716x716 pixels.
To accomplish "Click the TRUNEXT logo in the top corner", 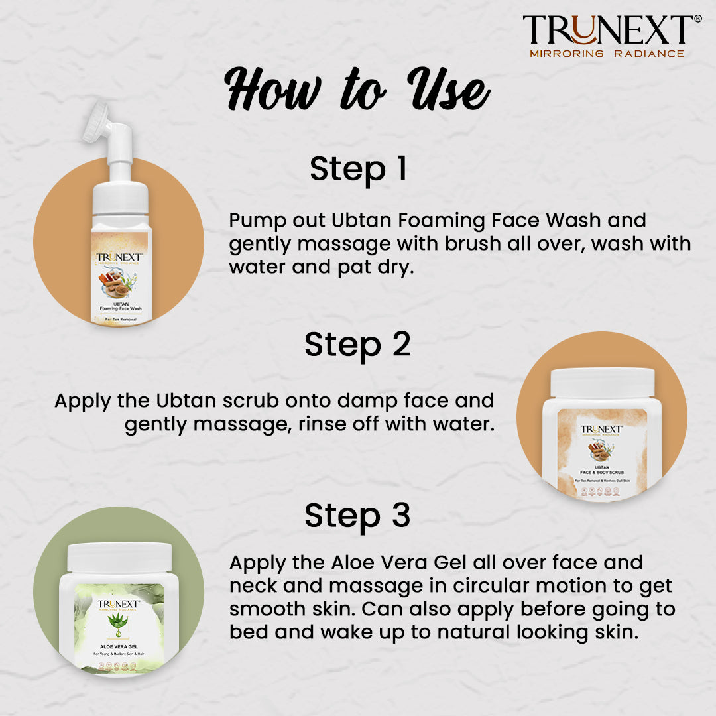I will pos(607,30).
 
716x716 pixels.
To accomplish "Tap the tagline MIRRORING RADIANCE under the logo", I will pos(607,53).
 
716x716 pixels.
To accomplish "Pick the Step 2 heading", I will pos(357,345).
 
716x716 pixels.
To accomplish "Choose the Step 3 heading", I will pos(357,516).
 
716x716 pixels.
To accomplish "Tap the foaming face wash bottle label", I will pos(121,278).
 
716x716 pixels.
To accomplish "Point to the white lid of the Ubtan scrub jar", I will pos(602,383).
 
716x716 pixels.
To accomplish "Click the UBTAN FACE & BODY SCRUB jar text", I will pos(602,470).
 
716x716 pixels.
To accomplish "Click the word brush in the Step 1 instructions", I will pos(473,244).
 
